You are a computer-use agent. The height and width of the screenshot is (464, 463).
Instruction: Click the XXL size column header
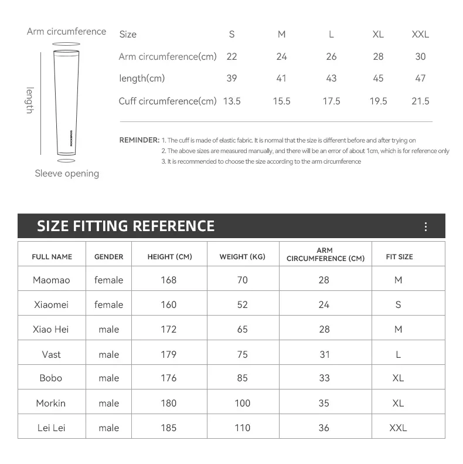click(x=420, y=34)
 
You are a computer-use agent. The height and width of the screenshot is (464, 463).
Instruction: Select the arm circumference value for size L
click(x=331, y=56)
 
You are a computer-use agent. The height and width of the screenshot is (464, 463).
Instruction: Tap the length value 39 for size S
click(x=231, y=79)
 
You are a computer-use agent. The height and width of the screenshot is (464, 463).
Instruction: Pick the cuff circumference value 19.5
click(x=378, y=101)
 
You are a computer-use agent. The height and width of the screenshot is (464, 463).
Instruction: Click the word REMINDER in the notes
click(x=139, y=140)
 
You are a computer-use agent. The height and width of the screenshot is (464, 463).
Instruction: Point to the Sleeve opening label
click(x=67, y=173)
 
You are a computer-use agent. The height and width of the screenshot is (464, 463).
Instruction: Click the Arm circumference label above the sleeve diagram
click(x=66, y=31)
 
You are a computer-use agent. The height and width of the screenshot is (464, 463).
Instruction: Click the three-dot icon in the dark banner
click(x=425, y=227)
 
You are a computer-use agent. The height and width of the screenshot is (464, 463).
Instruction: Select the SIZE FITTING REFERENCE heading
click(x=125, y=226)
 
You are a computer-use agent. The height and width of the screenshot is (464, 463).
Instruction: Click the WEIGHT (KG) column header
click(x=242, y=257)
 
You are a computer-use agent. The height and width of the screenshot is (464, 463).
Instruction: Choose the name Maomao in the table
click(x=51, y=280)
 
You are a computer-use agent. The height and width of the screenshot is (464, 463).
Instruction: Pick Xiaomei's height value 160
click(x=168, y=304)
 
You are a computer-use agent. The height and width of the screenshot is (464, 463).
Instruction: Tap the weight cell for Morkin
click(x=242, y=403)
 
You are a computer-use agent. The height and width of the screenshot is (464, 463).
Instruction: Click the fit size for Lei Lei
click(x=398, y=428)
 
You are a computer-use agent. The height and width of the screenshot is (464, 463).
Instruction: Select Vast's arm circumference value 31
click(x=324, y=354)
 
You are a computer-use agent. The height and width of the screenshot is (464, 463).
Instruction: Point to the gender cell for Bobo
click(x=109, y=378)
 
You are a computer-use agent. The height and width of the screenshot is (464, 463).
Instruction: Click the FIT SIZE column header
click(x=399, y=257)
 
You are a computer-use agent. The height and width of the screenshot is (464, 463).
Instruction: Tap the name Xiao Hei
click(x=51, y=329)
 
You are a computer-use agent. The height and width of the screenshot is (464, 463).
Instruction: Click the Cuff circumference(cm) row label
click(x=168, y=101)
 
